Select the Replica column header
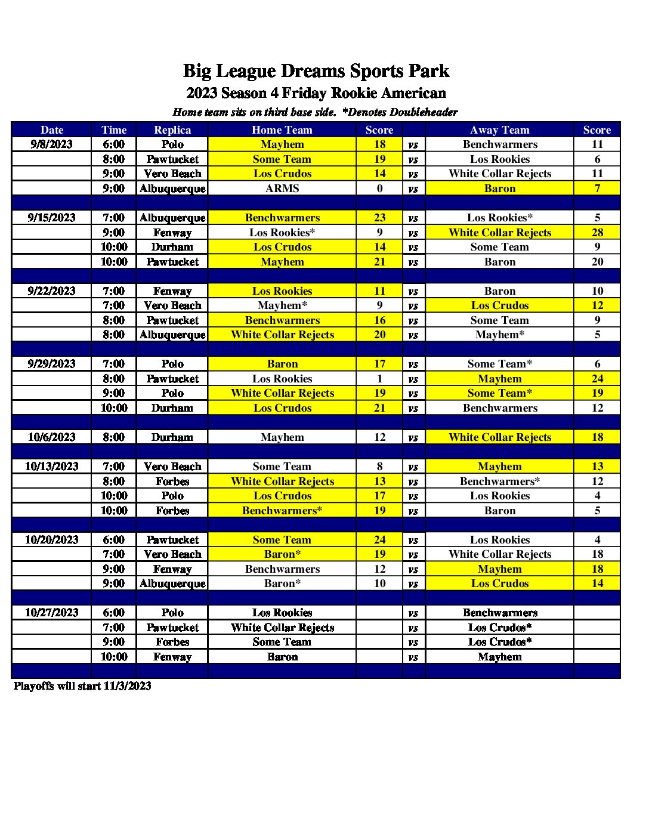pos(172,130)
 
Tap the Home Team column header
pos(282,130)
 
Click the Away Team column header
pos(499,130)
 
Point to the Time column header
pos(114,130)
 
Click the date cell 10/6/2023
pos(52,437)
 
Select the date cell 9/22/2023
pos(52,291)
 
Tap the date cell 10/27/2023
pos(52,613)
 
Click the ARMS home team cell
pos(282,189)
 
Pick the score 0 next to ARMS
pos(379,189)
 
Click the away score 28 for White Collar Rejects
pos(597,233)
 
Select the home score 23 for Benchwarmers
pos(379,218)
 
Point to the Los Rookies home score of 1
pos(379,379)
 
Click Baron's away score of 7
pos(597,189)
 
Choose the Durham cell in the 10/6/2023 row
pos(172,437)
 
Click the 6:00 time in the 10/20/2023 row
pos(114,540)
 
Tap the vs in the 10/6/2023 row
pos(413,437)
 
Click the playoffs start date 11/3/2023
pos(127,686)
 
